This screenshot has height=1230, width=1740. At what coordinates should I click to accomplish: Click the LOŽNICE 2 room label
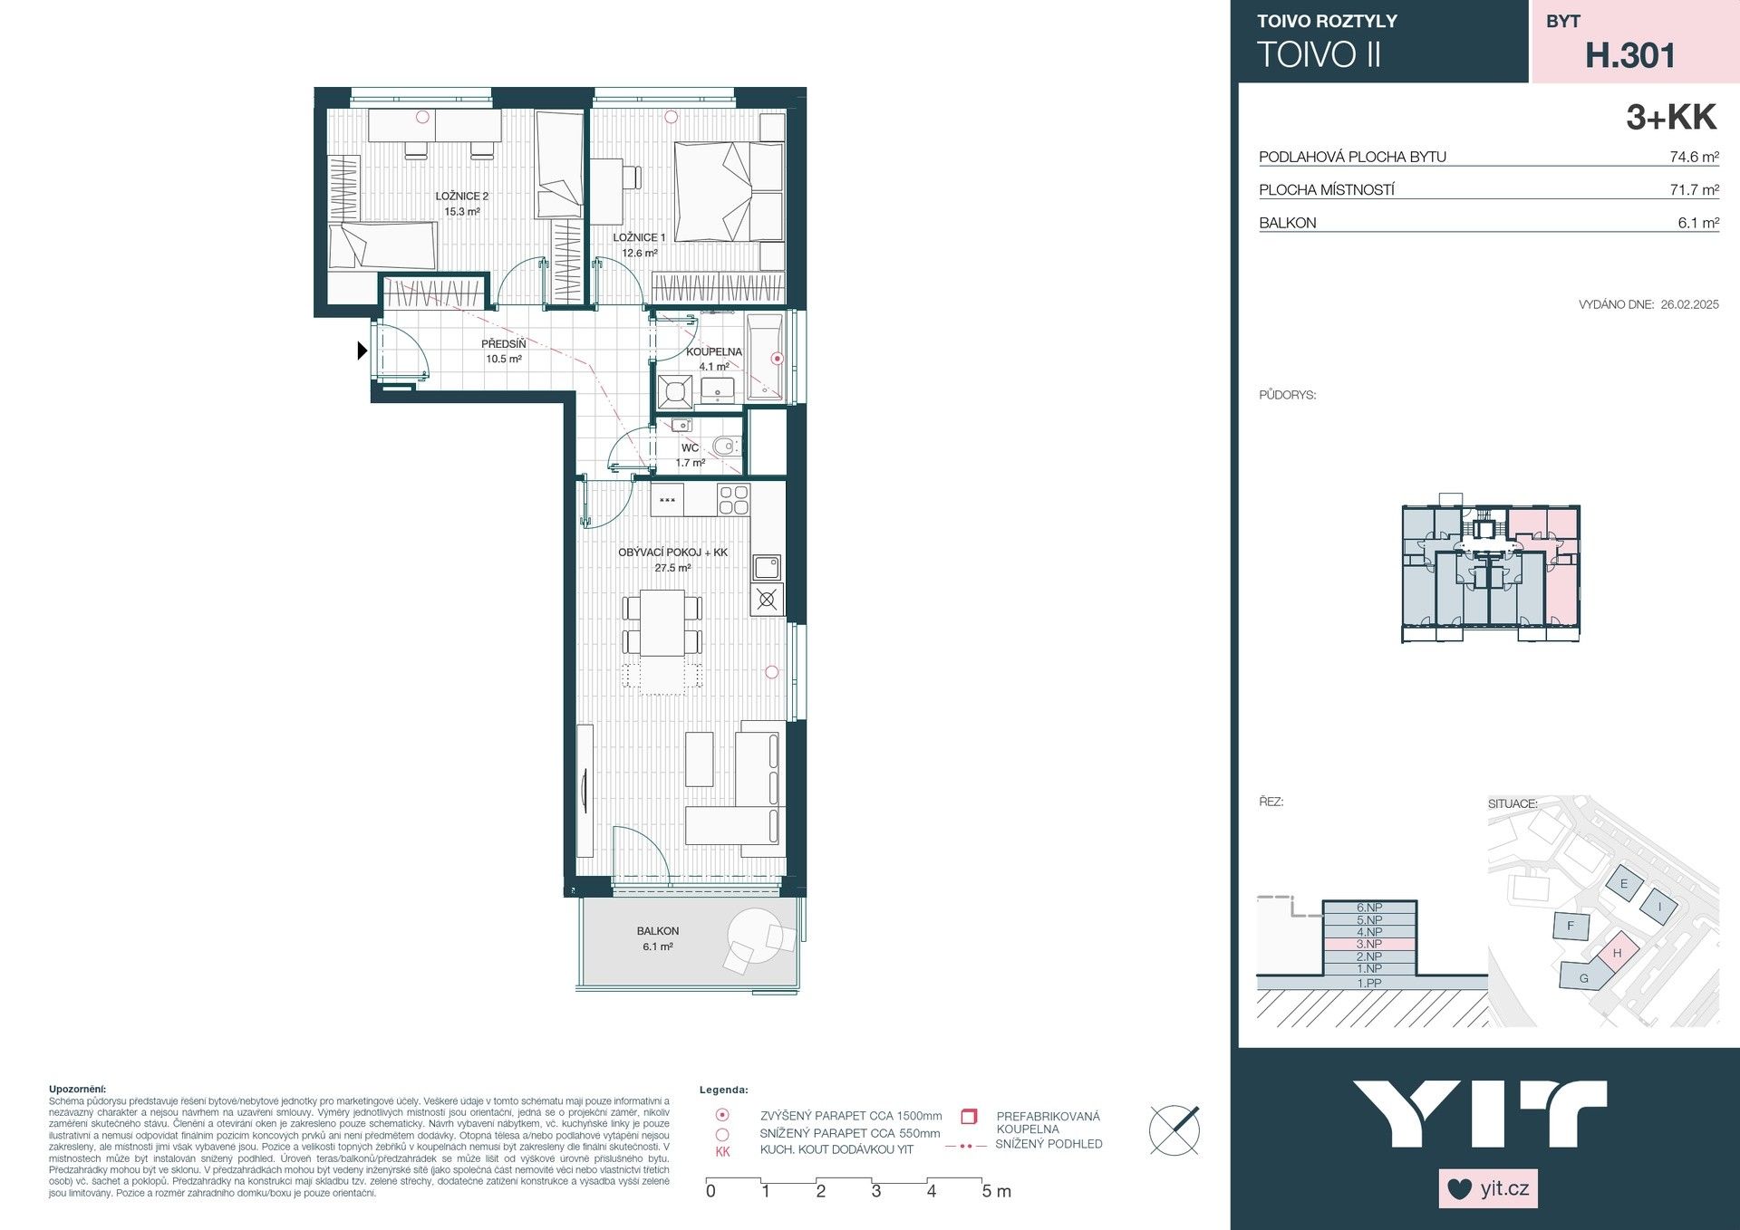pyautogui.click(x=461, y=196)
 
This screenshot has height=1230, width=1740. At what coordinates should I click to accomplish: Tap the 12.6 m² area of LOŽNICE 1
pyautogui.click(x=639, y=254)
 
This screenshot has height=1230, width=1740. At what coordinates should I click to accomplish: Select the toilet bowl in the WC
pyautogui.click(x=724, y=446)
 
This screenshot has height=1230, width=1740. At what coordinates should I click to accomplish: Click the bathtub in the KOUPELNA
pyautogui.click(x=767, y=358)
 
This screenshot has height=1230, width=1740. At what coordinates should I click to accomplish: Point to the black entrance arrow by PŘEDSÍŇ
pyautogui.click(x=362, y=350)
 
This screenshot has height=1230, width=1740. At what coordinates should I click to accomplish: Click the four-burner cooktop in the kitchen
pyautogui.click(x=733, y=499)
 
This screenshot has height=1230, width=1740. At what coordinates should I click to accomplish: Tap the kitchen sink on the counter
pyautogui.click(x=767, y=567)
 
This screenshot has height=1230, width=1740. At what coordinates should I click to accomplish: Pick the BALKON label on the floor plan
pyautogui.click(x=657, y=931)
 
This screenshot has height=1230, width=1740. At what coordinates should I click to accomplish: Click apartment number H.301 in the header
pyautogui.click(x=1629, y=56)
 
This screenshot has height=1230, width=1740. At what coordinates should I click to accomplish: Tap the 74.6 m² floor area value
pyautogui.click(x=1694, y=157)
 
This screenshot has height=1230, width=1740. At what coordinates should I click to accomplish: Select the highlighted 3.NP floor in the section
pyautogui.click(x=1368, y=944)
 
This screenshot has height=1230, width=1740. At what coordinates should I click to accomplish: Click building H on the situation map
pyautogui.click(x=1617, y=953)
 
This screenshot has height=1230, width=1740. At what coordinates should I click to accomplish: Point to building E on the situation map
pyautogui.click(x=1623, y=884)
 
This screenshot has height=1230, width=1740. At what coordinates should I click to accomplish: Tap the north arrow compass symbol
pyautogui.click(x=1174, y=1129)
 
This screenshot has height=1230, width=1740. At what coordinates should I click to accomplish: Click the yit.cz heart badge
pyautogui.click(x=1487, y=1188)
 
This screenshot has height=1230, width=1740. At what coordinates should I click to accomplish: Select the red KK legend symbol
pyautogui.click(x=722, y=1152)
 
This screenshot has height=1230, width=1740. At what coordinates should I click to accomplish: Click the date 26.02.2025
pyautogui.click(x=1689, y=305)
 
